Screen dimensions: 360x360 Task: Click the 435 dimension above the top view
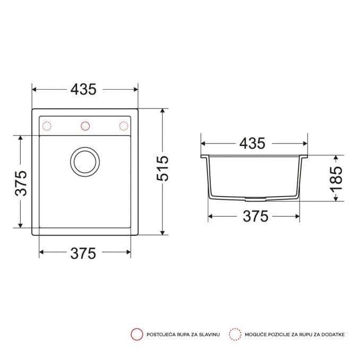83,89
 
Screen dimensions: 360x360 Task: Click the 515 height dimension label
162,168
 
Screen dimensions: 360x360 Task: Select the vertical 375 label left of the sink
21,183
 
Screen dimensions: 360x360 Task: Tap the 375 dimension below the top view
83,253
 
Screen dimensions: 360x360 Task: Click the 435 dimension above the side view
252,143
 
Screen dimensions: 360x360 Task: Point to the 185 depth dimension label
336,179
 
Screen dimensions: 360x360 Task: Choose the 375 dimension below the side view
255,216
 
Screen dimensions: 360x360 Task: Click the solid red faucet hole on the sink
85,126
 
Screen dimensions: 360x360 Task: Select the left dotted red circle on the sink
47,126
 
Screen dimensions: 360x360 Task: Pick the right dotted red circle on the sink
124,126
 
